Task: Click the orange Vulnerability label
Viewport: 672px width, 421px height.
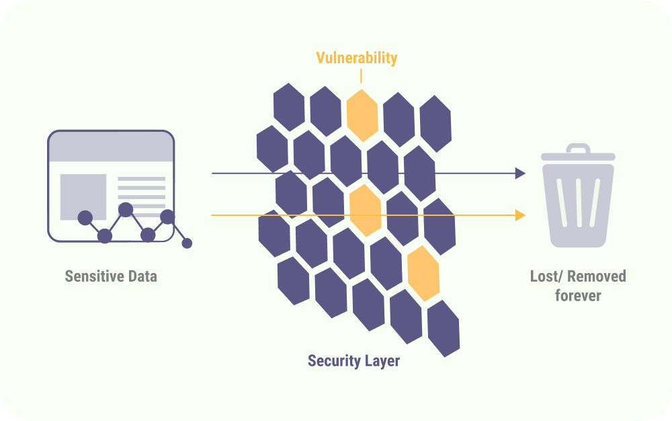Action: tap(356, 58)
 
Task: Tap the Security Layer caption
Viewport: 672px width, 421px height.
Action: tap(353, 361)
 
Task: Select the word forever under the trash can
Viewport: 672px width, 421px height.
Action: tap(578, 295)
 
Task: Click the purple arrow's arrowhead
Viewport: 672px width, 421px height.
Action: tap(520, 174)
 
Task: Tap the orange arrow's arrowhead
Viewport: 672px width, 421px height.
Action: tap(520, 215)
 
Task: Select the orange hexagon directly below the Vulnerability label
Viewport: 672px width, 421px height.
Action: tap(362, 115)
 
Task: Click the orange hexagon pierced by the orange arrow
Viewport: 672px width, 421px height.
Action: tap(366, 210)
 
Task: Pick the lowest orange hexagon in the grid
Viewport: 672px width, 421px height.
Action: tap(423, 273)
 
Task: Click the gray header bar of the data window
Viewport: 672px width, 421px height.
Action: tap(111, 147)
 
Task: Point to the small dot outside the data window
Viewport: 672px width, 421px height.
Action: tap(187, 243)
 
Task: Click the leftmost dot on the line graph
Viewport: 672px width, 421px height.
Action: tap(85, 217)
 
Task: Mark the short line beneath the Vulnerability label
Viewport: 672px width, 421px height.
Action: tap(361, 75)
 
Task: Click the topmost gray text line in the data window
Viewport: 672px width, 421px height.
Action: tap(141, 179)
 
